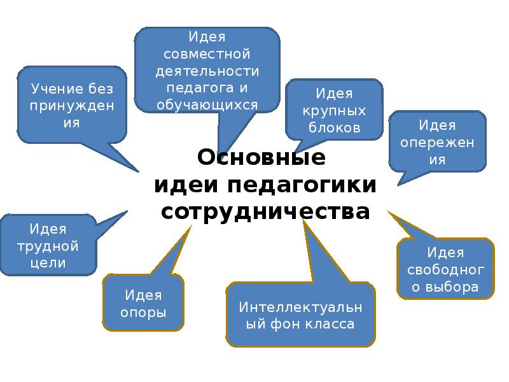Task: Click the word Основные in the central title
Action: (x=261, y=156)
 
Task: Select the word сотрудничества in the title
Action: (x=265, y=211)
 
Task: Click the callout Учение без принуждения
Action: (x=71, y=104)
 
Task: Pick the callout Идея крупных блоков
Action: (x=334, y=111)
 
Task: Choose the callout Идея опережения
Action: (x=436, y=142)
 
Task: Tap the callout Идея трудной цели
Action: (x=48, y=245)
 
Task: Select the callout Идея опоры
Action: (x=143, y=304)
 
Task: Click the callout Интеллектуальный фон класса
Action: (x=300, y=316)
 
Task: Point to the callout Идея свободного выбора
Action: (x=445, y=270)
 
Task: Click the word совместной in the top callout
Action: (x=207, y=52)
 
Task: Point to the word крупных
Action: (x=335, y=111)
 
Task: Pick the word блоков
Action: (x=335, y=128)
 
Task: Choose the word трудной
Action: (x=48, y=245)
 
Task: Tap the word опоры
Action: (x=143, y=313)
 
